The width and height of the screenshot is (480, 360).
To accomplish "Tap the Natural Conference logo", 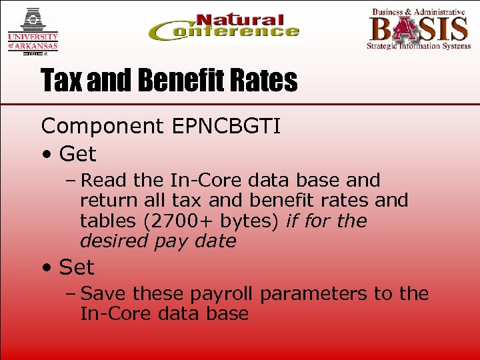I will coord(223,29).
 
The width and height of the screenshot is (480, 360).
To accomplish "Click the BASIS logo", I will coord(419,29).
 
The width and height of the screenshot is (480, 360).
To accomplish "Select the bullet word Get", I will coord(77,155).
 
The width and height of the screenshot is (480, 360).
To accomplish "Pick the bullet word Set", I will coord(77,267).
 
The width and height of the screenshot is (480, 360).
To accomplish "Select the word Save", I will coord(104,294).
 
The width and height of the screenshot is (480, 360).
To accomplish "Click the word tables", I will coord(105,221).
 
